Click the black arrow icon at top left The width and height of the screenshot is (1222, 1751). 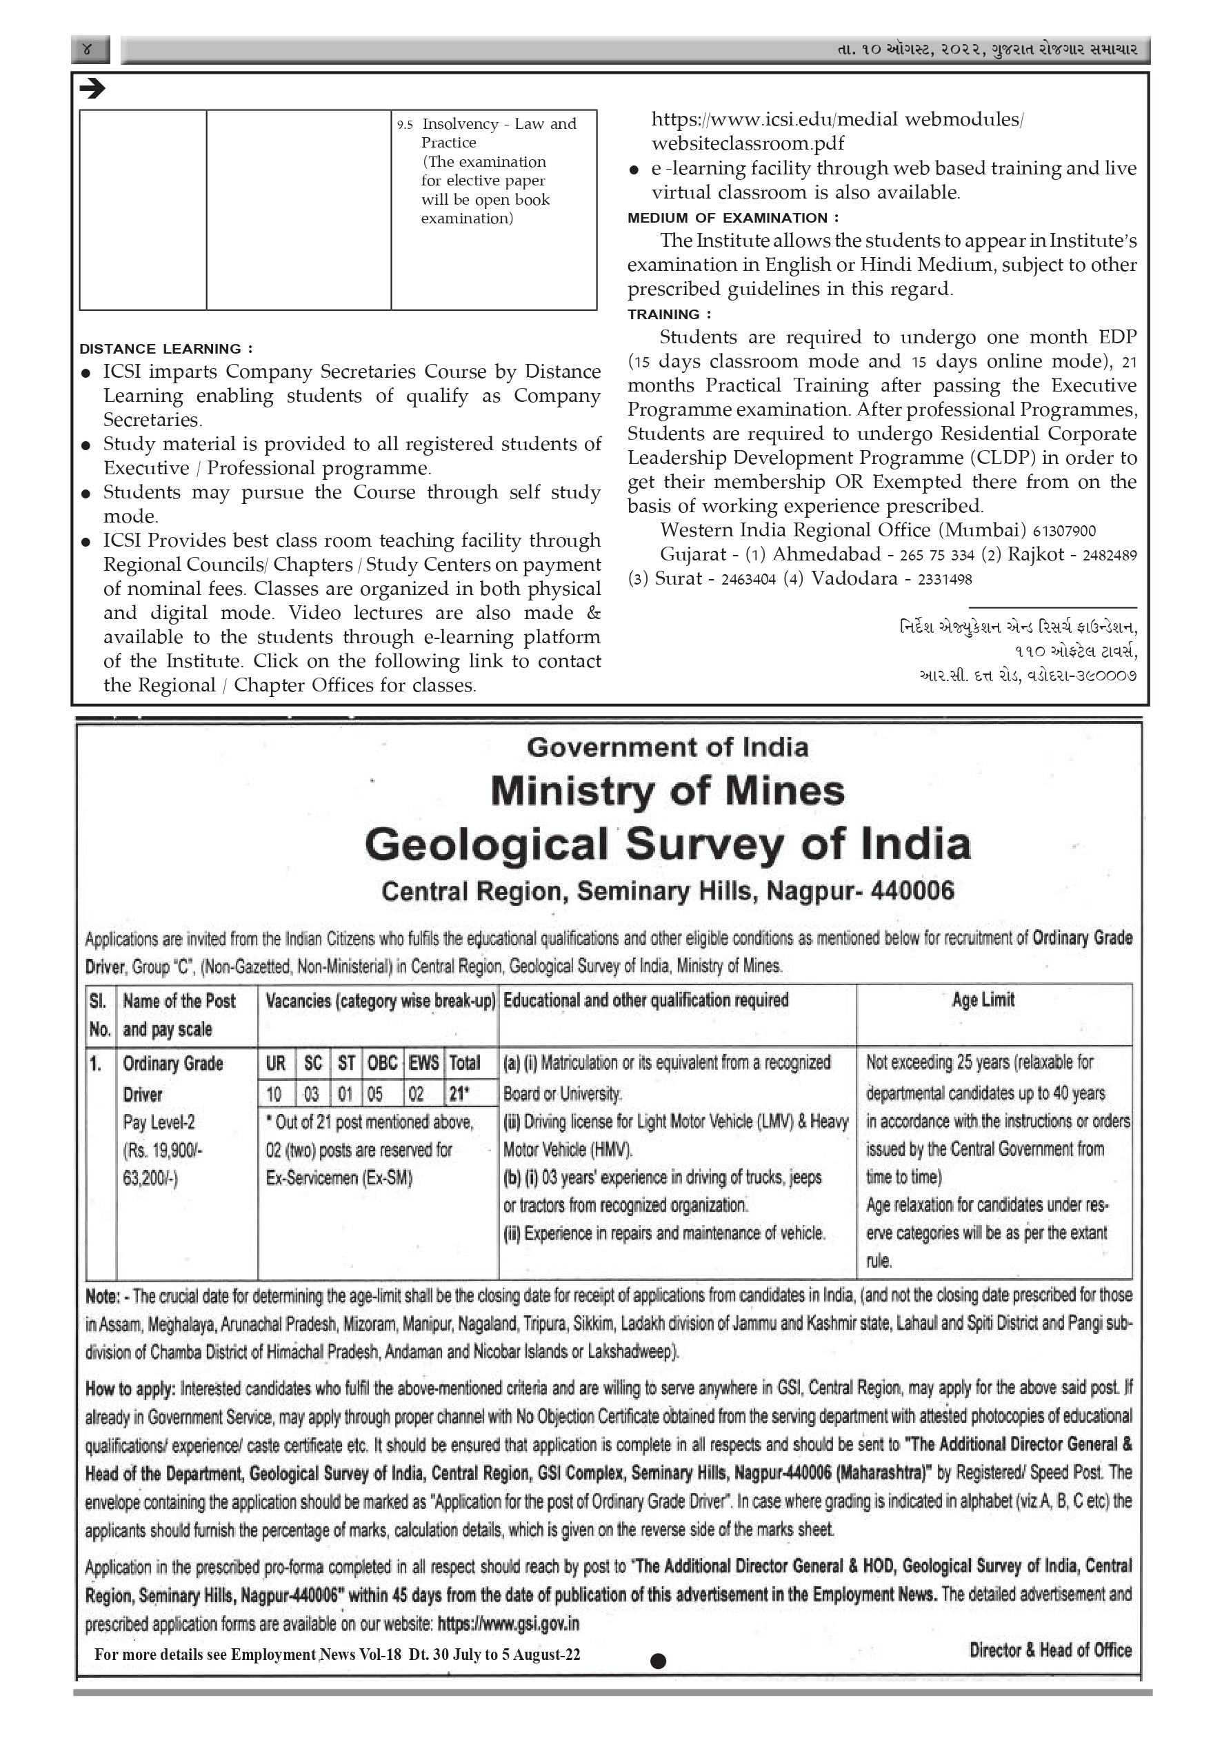coord(92,89)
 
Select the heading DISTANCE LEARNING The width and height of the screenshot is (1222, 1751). coord(166,350)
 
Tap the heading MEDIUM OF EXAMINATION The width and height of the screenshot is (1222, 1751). coord(732,218)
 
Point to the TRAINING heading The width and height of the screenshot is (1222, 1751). coord(669,314)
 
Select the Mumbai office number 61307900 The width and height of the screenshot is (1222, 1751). coord(1063,532)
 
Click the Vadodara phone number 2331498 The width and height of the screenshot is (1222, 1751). coord(944,580)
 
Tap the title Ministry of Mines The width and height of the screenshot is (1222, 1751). coord(668,791)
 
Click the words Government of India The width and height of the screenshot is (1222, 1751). coord(668,747)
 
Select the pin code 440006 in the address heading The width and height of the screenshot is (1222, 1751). coord(912,891)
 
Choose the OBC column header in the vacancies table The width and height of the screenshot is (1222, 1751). coord(382,1063)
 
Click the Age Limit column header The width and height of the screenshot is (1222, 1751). coord(983,1000)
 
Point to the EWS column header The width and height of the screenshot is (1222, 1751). coord(423,1063)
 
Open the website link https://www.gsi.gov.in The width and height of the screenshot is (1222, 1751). coord(508,1624)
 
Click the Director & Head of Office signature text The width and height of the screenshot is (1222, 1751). coord(1050,1650)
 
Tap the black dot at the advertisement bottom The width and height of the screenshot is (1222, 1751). coord(659,1661)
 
